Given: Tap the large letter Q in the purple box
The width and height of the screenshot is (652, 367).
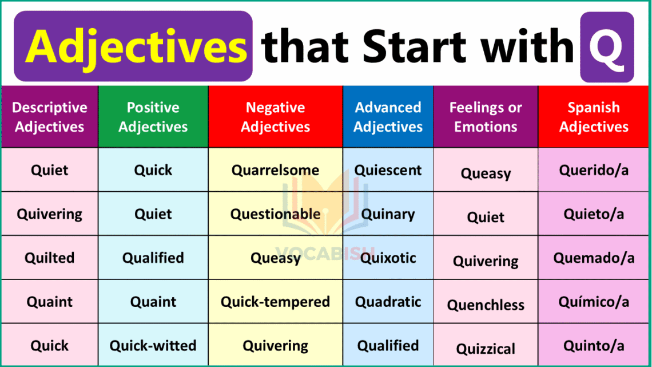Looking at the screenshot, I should click(606, 48).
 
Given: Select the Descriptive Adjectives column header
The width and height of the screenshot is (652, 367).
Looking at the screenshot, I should click(50, 117).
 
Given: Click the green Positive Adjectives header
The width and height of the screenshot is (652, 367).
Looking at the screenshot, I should click(153, 117).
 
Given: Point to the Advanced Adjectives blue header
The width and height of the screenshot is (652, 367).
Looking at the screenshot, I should click(388, 117).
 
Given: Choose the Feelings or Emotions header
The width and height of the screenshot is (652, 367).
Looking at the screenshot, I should click(486, 117).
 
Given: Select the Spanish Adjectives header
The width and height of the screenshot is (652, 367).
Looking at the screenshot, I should click(594, 117).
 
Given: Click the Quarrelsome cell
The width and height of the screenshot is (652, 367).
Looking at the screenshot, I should click(275, 170).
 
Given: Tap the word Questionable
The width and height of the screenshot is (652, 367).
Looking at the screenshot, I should click(275, 214).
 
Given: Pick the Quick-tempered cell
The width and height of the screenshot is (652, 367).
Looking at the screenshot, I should click(275, 302).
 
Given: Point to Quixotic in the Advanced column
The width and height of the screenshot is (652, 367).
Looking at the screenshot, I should click(388, 258).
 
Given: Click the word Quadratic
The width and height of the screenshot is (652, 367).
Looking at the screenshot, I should click(388, 302).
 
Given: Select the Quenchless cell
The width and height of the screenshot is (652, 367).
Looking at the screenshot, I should click(486, 305).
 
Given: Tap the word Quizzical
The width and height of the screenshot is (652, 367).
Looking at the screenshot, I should click(486, 349).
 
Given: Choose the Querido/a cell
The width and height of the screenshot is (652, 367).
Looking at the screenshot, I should click(594, 170).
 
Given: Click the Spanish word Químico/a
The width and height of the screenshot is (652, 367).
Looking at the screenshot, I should click(594, 302).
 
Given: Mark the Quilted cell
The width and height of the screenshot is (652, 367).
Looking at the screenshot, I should click(50, 258).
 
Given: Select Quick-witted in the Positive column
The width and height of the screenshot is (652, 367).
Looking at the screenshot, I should click(153, 346).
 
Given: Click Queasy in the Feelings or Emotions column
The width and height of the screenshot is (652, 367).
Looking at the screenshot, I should click(486, 173).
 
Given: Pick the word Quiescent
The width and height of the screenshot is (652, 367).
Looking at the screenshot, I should click(388, 170).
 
